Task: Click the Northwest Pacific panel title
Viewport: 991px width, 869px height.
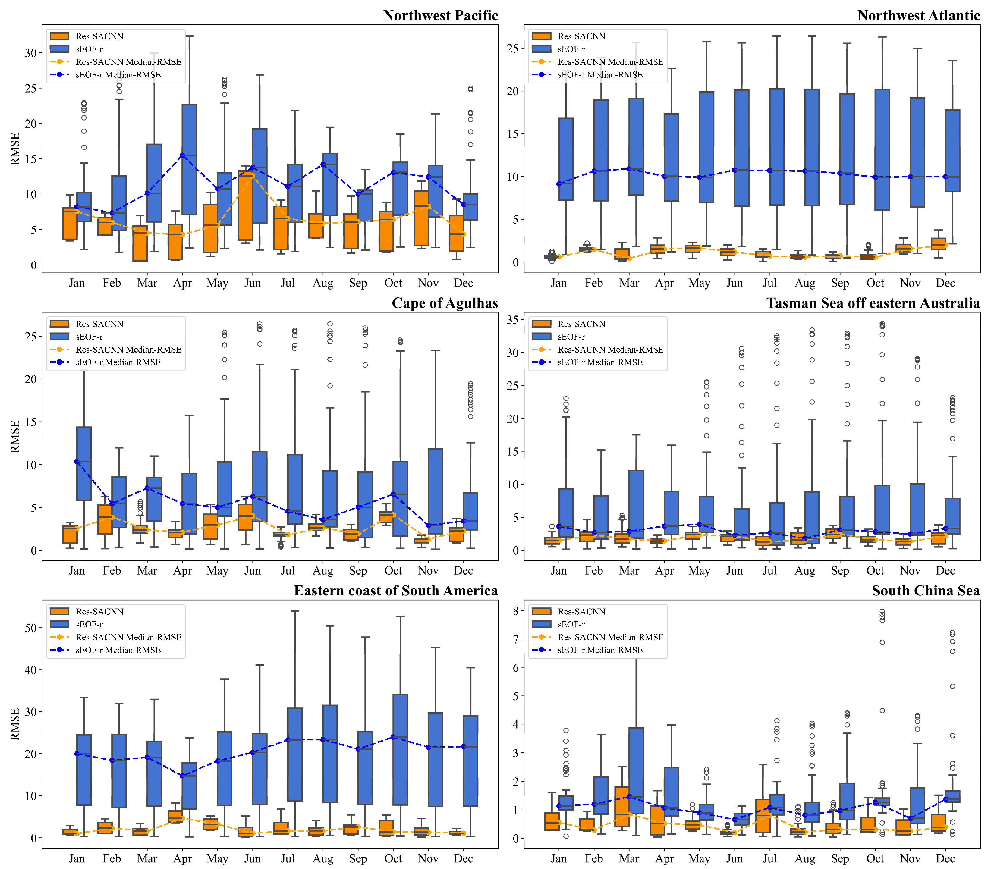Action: coord(440,15)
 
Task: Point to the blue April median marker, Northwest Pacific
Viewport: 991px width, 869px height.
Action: coord(182,155)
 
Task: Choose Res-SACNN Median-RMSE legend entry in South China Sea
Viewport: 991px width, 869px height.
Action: coord(610,637)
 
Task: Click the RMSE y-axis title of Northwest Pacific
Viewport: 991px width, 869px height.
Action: coord(15,149)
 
